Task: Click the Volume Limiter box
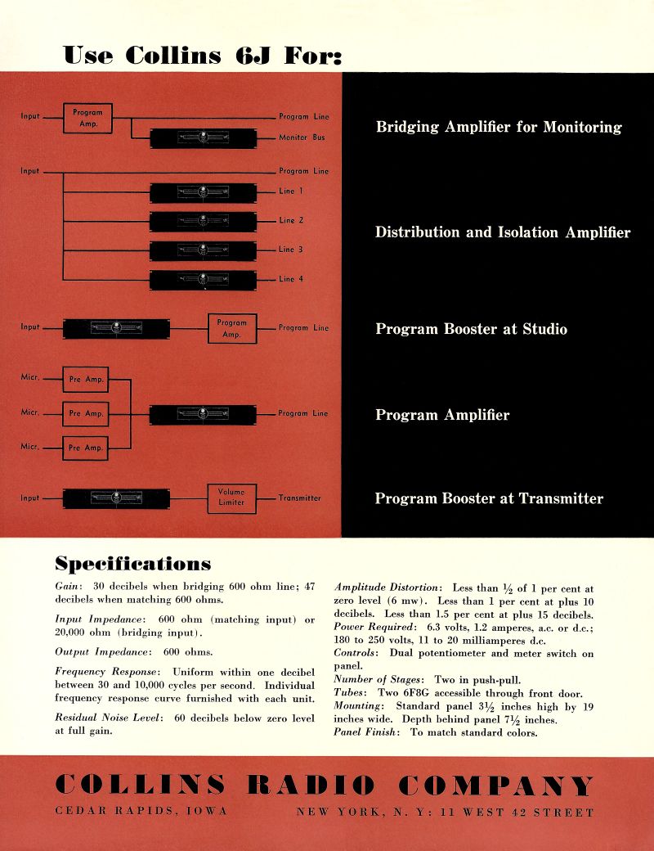pyautogui.click(x=231, y=498)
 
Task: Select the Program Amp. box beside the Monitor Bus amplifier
pyautogui.click(x=87, y=117)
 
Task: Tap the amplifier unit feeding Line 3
pyautogui.click(x=203, y=250)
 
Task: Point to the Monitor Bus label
pyautogui.click(x=302, y=137)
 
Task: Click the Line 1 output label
pyautogui.click(x=291, y=191)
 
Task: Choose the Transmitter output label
pyautogui.click(x=299, y=498)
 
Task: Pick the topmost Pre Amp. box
pyautogui.click(x=86, y=380)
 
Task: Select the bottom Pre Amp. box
pyautogui.click(x=86, y=448)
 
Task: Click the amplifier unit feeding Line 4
pyautogui.click(x=203, y=280)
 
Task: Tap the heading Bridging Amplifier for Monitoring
pyautogui.click(x=499, y=127)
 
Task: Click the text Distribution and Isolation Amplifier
pyautogui.click(x=503, y=232)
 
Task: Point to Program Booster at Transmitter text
pyautogui.click(x=489, y=498)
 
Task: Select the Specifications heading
pyautogui.click(x=132, y=564)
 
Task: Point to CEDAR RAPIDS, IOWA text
pyautogui.click(x=141, y=813)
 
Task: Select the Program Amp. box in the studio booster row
pyautogui.click(x=232, y=328)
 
